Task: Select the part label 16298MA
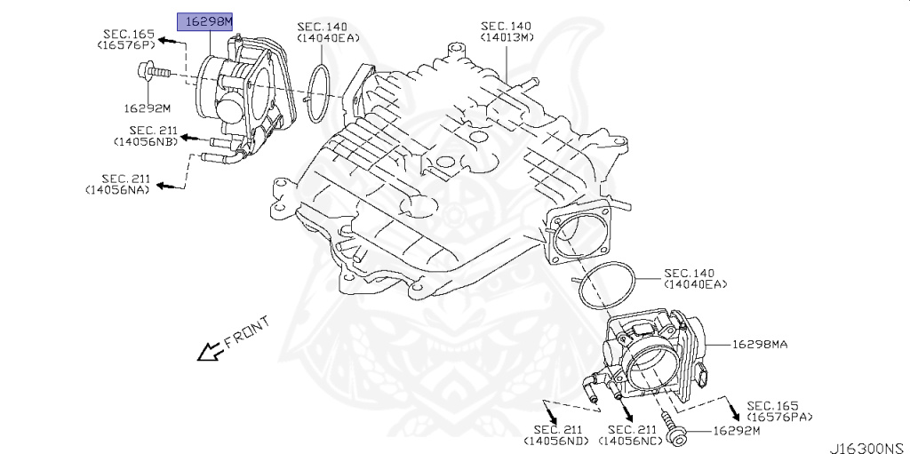(761, 344)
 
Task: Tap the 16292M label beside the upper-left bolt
(147, 109)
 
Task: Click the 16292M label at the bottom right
(737, 431)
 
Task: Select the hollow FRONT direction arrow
(210, 353)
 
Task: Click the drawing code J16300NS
(866, 446)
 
